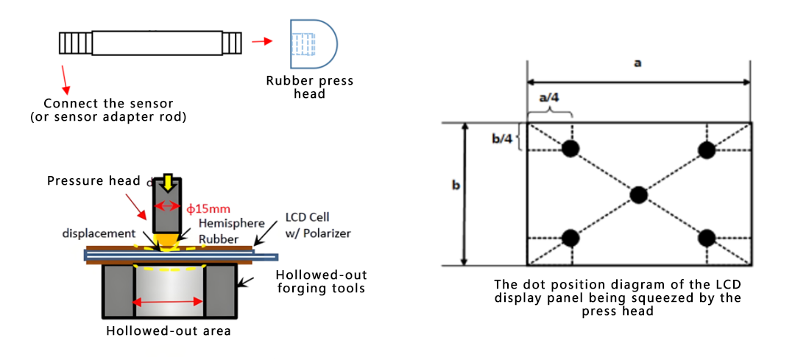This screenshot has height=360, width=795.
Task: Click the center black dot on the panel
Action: coord(639,194)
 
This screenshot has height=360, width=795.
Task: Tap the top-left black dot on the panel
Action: coord(570,149)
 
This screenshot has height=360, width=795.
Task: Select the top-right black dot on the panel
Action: coord(707,150)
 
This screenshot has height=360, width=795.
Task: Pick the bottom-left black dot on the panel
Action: coord(570,238)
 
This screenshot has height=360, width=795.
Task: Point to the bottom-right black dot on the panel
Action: coord(707,238)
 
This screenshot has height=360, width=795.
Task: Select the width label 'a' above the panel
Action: coord(637,63)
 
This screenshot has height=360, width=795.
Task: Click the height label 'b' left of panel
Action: coord(456,187)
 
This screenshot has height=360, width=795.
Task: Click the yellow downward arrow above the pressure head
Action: coord(169,182)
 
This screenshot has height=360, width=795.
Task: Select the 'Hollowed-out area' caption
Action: coord(169,331)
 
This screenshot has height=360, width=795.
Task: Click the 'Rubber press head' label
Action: coord(310,87)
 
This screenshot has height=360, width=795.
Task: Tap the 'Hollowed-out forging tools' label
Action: coord(321,281)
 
